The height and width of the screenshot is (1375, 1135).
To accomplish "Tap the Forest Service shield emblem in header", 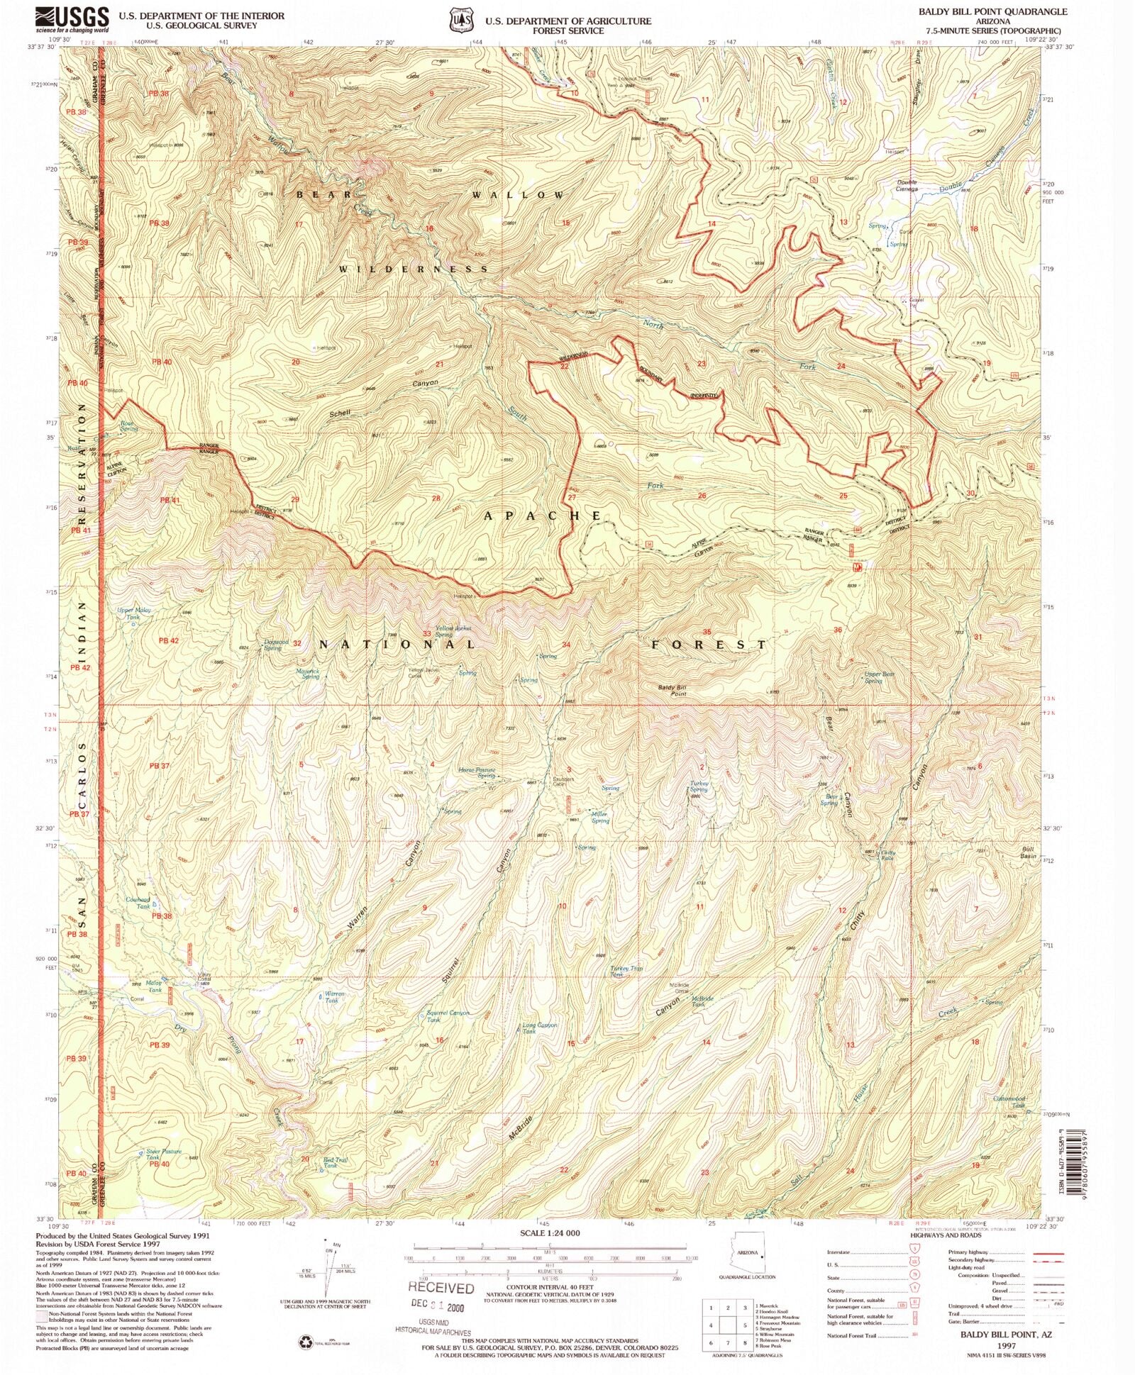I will coord(460,21).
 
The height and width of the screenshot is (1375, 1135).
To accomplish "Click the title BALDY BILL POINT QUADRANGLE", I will coord(992,11).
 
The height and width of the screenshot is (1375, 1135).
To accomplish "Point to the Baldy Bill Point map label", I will coord(672,690).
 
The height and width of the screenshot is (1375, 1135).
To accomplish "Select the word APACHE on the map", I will coord(543,516).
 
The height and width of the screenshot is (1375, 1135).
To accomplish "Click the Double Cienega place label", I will coord(907,186).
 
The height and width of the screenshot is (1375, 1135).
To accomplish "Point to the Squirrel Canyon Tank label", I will coord(448,1016).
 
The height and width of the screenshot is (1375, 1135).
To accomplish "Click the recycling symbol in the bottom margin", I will coord(306,1342).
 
